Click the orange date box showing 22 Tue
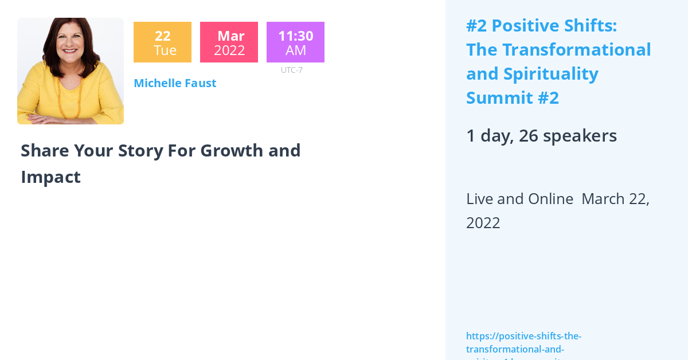coord(162,42)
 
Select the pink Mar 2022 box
coord(229,42)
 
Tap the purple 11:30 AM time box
coord(295,42)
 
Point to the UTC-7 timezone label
coord(291,70)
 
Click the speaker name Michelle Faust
coord(175,83)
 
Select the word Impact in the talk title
coord(50,177)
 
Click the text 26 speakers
coord(568,136)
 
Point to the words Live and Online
coord(519,199)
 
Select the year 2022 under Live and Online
coord(483,223)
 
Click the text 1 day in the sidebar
coord(488,136)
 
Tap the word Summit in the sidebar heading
coord(498,98)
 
